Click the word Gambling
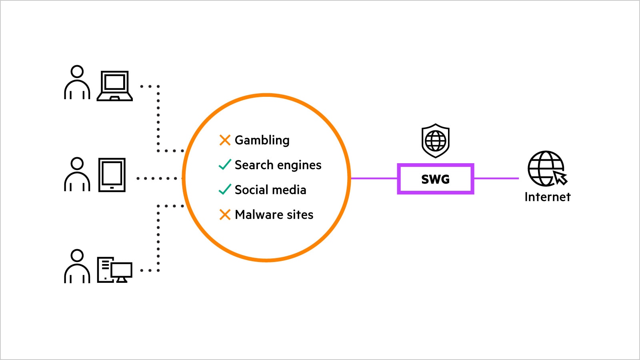point(262,140)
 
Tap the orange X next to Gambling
point(225,140)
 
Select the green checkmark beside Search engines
point(225,164)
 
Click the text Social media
point(270,190)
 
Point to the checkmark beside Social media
point(225,189)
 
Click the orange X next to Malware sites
point(225,214)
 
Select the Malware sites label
point(274,215)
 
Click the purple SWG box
point(435,179)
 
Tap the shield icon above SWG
point(436,140)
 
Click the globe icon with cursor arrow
point(546,168)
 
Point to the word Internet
point(547,197)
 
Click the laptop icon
point(115,86)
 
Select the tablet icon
point(112,175)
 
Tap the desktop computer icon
point(115,270)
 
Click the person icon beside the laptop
point(77,83)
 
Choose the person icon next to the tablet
point(77,174)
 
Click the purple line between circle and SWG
point(374,178)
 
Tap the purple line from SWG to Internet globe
point(496,178)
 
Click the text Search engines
point(278,165)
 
